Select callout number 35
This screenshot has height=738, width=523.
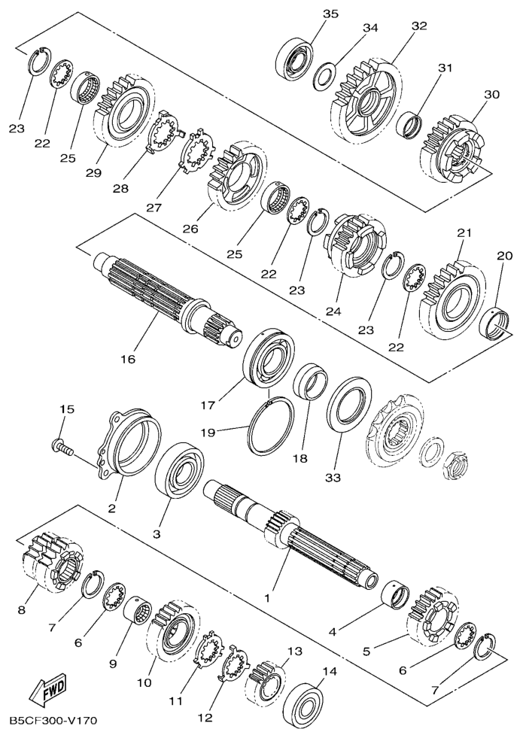(x=330, y=14)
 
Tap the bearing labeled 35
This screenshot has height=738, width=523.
(x=294, y=59)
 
